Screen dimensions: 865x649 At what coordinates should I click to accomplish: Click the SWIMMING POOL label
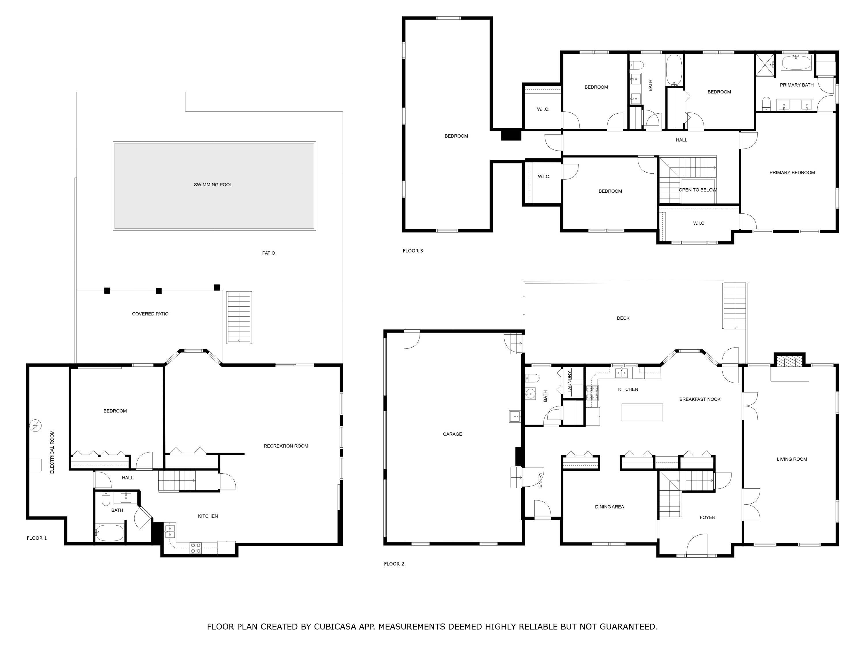213,185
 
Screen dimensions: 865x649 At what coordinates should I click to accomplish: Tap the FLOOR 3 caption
413,251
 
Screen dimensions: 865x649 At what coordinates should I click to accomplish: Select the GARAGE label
452,434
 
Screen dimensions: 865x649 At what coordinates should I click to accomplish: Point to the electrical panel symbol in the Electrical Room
35,425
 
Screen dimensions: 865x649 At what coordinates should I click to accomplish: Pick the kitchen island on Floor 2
642,412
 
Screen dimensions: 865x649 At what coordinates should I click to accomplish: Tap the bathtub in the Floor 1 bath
110,533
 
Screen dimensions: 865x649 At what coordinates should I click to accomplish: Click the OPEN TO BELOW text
698,190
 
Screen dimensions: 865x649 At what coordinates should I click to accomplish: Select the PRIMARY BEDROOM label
792,172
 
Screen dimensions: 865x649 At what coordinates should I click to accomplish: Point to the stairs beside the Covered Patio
239,317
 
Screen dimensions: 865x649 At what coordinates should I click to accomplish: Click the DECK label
623,318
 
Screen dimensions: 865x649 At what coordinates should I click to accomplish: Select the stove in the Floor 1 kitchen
195,548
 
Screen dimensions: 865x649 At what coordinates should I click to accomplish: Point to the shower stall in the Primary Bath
764,63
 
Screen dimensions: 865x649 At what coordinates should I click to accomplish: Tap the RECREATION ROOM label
286,446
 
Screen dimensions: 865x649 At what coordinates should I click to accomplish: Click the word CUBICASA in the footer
335,626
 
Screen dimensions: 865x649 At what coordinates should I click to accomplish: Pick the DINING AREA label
609,507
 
